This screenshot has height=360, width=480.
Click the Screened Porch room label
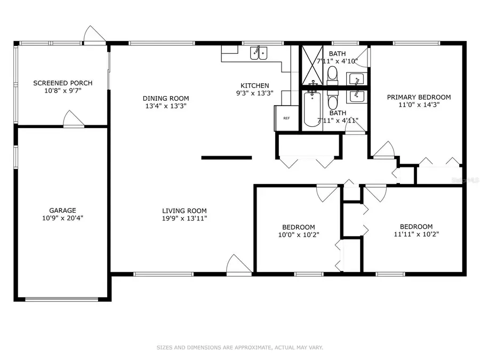tap(62, 83)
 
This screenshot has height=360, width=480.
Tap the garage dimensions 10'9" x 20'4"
tap(62, 218)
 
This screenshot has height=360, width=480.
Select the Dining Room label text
tap(165, 98)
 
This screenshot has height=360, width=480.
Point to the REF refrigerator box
tap(286, 118)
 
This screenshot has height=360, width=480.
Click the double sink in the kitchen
tap(260, 53)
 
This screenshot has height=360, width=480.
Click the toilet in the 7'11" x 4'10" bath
tap(332, 74)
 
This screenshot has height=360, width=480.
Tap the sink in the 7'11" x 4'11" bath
tap(356, 97)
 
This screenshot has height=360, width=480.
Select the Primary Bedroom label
tap(419, 97)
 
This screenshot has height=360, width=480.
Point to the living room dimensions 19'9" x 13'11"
tap(185, 218)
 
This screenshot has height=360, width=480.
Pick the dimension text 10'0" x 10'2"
tap(298, 235)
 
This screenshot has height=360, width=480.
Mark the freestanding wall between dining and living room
tap(226, 157)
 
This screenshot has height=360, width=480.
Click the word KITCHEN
tap(254, 85)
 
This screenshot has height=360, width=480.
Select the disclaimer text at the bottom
tap(239, 347)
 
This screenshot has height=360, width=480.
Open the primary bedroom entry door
tap(384, 151)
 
